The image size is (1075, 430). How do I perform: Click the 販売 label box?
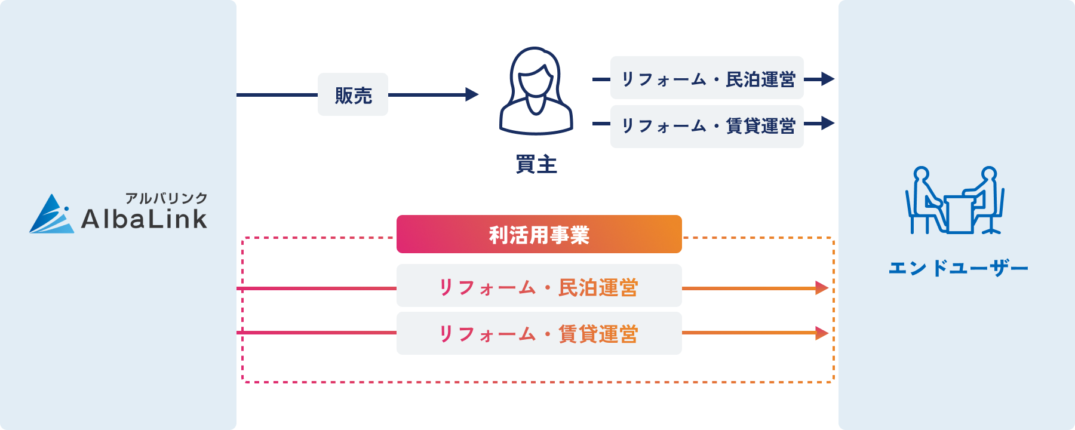click(353, 94)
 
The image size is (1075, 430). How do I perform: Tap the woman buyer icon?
click(536, 91)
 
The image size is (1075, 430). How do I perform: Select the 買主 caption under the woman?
click(536, 164)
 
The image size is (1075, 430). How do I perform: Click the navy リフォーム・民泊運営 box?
click(707, 78)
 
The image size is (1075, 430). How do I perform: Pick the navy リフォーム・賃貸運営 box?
click(707, 126)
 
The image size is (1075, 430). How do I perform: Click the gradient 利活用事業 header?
click(539, 234)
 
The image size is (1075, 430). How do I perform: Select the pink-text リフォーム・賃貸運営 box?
click(539, 333)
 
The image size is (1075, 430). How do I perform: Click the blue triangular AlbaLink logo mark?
click(51, 214)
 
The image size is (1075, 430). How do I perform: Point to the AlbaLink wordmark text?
click(144, 219)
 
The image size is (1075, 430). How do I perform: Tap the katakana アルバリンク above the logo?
click(166, 198)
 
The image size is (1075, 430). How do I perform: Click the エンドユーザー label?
click(958, 268)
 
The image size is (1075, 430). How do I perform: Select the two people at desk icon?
click(954, 201)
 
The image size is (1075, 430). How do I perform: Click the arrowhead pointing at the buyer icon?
click(472, 94)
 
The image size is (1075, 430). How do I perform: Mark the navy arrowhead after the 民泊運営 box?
click(828, 79)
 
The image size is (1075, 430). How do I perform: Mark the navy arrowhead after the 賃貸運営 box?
click(828, 123)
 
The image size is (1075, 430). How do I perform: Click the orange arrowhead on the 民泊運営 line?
click(822, 288)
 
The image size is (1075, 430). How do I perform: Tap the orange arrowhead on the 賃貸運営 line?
click(822, 333)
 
